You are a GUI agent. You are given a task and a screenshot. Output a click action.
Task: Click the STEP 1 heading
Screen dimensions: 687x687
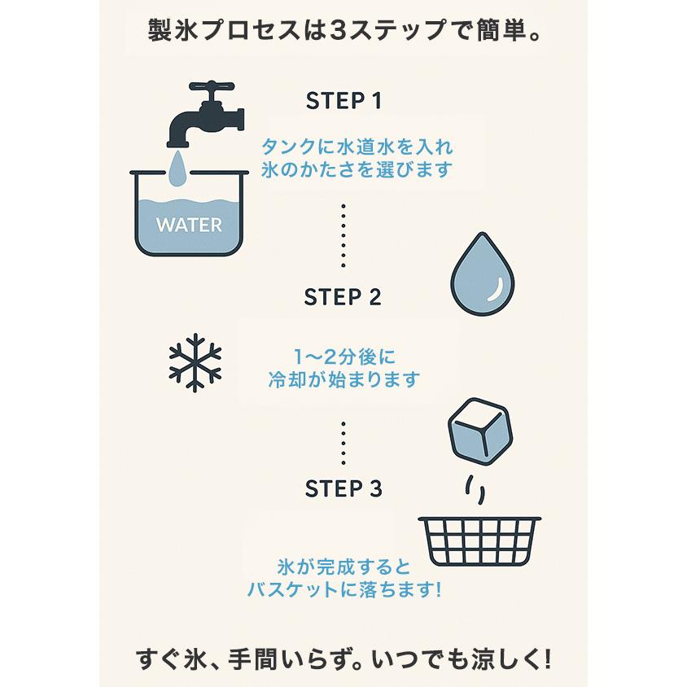pos(343,101)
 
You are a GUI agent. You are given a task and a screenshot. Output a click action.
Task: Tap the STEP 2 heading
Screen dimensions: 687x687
pos(343,297)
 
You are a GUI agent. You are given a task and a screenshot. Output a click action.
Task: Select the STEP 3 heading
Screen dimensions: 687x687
pos(343,488)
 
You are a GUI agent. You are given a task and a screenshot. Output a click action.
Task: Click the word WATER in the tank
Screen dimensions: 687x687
pos(189,224)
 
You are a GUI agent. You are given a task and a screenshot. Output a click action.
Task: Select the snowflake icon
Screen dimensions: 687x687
pos(195,363)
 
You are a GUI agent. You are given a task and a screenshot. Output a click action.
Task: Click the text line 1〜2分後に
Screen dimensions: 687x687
pos(343,357)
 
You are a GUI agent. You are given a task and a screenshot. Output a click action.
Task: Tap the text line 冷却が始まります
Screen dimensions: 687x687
pos(343,379)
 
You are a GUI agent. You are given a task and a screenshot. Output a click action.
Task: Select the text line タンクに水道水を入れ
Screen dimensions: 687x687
pos(357,147)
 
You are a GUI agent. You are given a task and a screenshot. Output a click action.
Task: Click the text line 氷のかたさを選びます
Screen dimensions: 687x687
pos(357,170)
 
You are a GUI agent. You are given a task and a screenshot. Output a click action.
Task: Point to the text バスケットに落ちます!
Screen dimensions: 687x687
pos(344,589)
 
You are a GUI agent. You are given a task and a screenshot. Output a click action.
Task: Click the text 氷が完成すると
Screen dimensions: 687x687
pos(344,566)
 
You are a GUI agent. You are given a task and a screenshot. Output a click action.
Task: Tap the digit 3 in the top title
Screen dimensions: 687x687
pos(339,31)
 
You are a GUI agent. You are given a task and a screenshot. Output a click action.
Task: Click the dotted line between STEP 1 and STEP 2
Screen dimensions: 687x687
pos(343,236)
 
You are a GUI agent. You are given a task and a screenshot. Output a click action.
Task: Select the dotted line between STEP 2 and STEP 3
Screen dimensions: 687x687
pos(343,443)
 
